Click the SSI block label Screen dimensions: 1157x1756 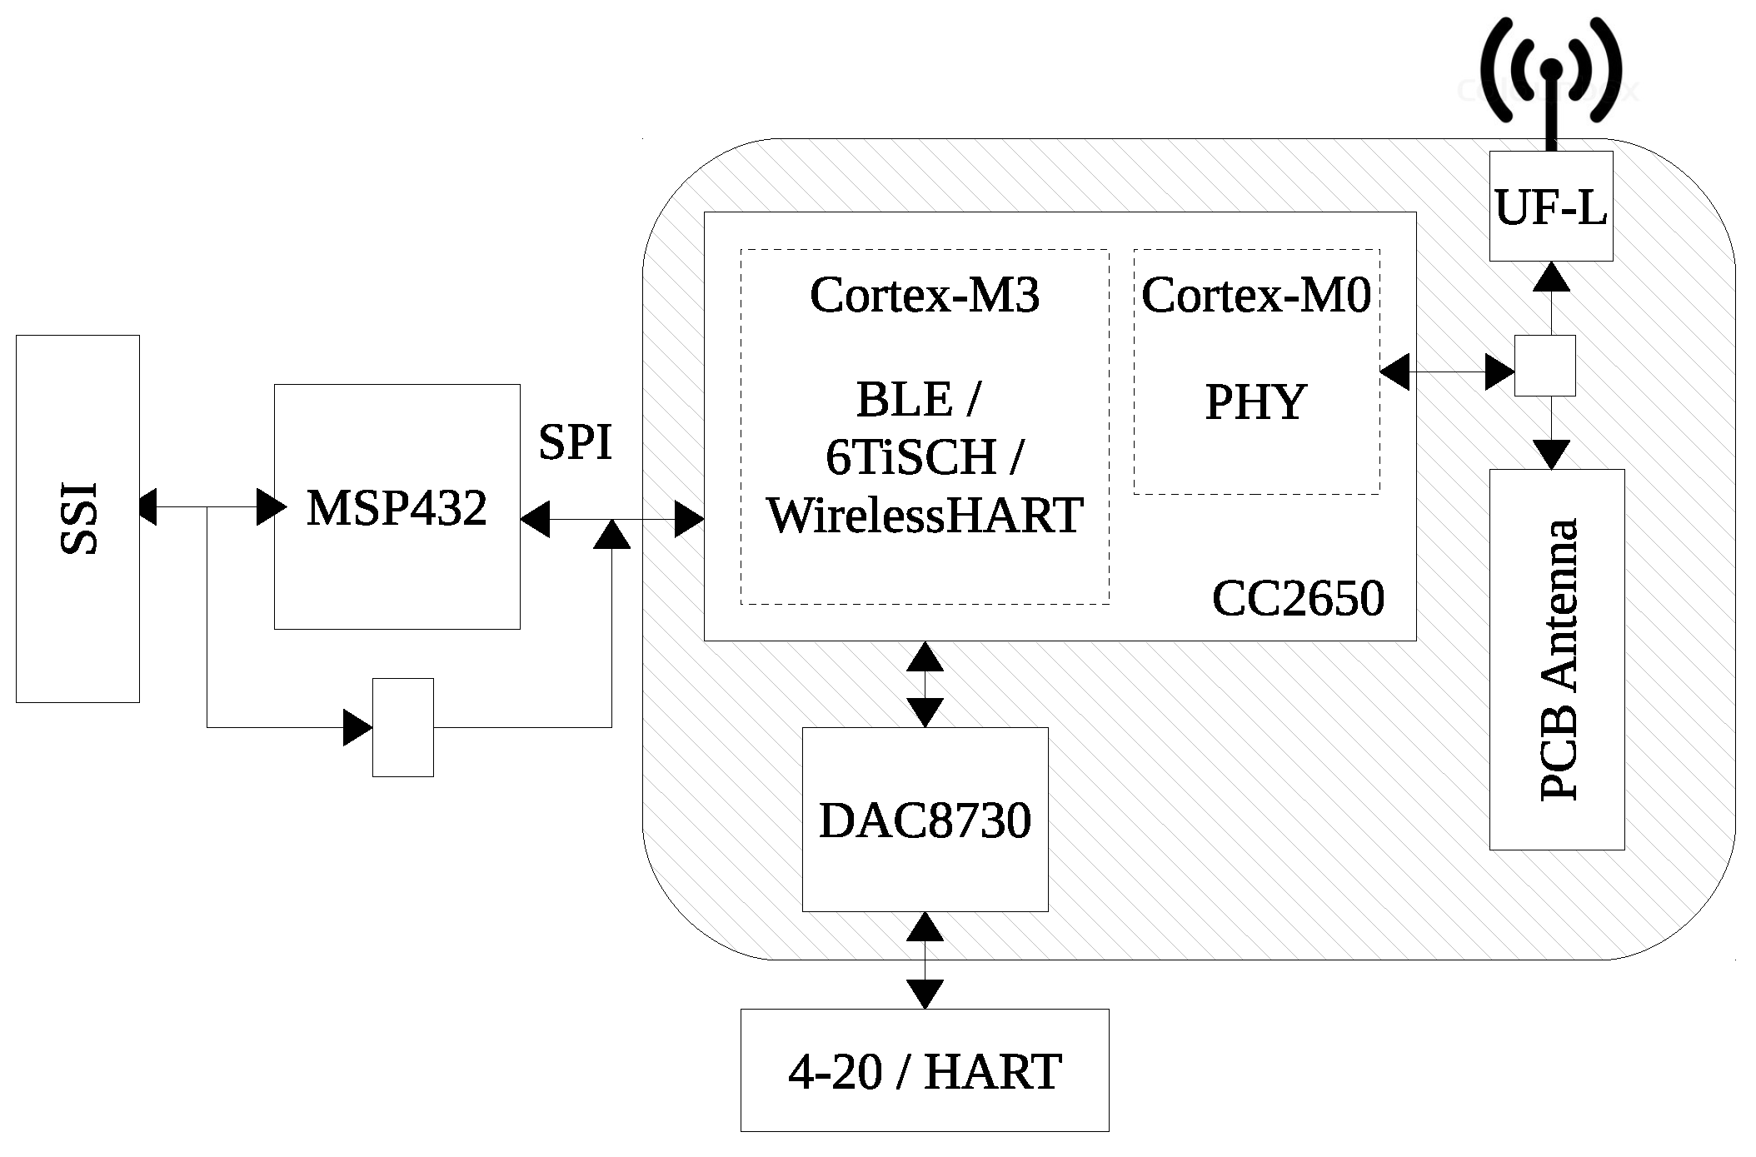79,519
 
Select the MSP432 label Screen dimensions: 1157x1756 397,507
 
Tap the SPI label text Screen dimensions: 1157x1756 575,441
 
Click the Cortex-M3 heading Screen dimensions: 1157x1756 925,295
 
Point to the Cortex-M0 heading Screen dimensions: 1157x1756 1256,295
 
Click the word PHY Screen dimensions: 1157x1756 1255,402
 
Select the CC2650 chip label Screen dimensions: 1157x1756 1298,598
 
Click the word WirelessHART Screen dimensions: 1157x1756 925,515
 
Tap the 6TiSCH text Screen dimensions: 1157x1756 911,456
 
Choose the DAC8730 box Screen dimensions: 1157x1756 925,820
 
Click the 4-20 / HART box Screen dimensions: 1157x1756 925,1070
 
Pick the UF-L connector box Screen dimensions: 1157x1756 1550,207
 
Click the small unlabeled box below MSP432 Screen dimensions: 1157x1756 402,727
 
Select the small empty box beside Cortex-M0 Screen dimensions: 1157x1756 1544,366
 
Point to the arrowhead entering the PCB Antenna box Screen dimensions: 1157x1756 1550,455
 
